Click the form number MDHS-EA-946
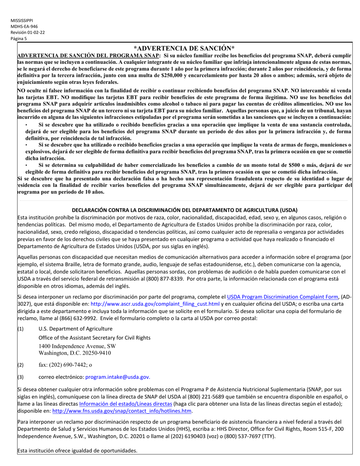24,27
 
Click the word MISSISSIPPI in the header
22,20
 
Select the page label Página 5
19,39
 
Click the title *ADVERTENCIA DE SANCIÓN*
184,48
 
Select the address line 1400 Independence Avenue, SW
77,346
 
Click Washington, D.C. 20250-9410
75,353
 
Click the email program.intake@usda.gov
118,377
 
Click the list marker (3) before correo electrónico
21,377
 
